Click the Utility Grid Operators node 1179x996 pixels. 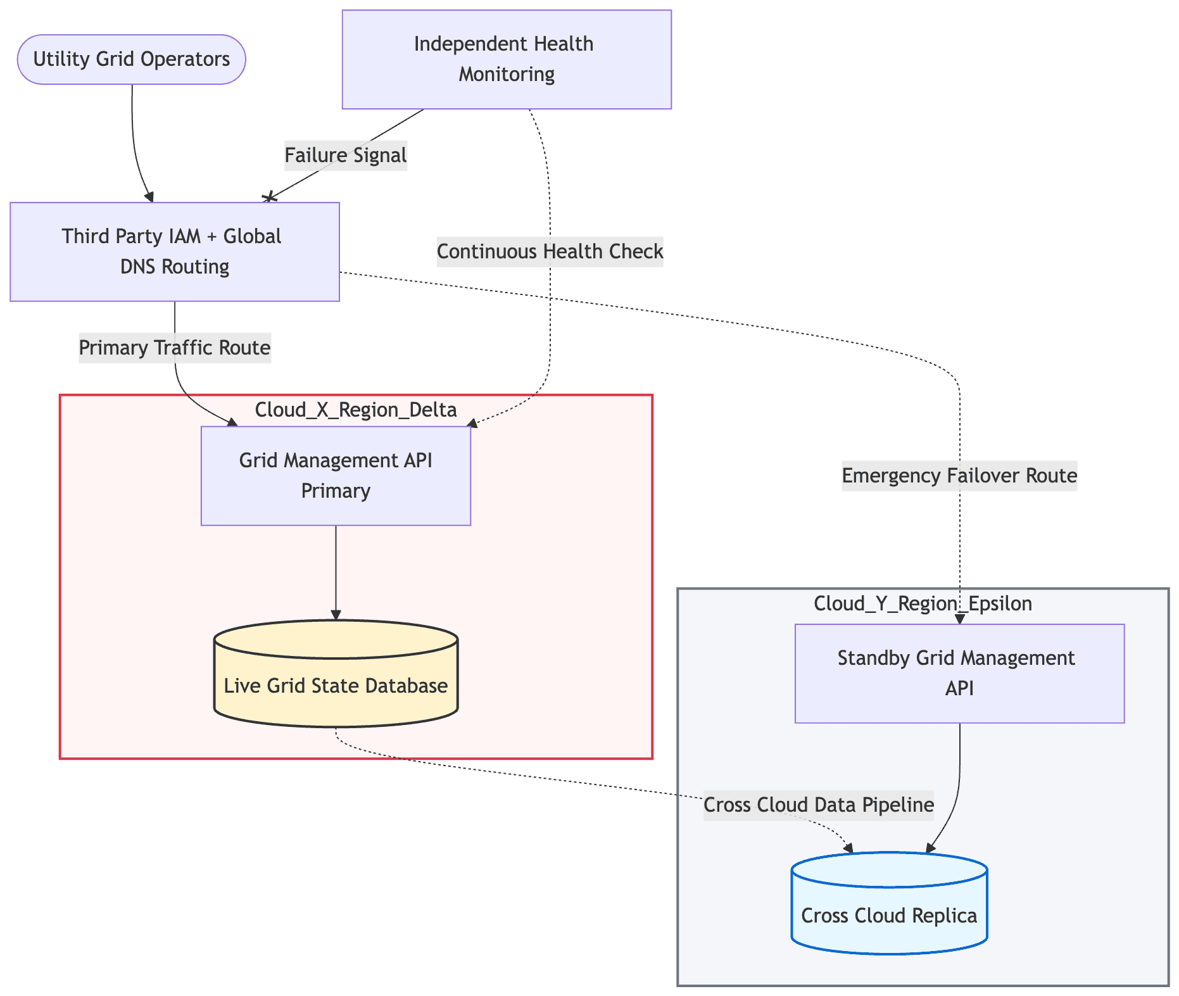pos(131,60)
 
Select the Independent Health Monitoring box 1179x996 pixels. pos(506,60)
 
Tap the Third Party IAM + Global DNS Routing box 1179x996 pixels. pos(174,251)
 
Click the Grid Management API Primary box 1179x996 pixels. pos(336,476)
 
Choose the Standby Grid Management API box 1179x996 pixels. pos(959,673)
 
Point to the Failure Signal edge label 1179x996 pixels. pos(346,155)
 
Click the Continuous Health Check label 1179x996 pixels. pos(550,251)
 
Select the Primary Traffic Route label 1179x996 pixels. pos(175,348)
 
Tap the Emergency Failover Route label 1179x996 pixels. pos(959,476)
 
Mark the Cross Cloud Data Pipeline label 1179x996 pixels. pos(818,805)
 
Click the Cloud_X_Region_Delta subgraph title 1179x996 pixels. pos(356,410)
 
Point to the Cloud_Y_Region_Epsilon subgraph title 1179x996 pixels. pos(923,603)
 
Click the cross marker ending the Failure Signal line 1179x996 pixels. pos(270,198)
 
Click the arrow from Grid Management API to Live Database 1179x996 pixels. pos(336,573)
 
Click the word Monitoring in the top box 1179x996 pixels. pos(507,74)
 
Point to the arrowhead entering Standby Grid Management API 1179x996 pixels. pos(960,619)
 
